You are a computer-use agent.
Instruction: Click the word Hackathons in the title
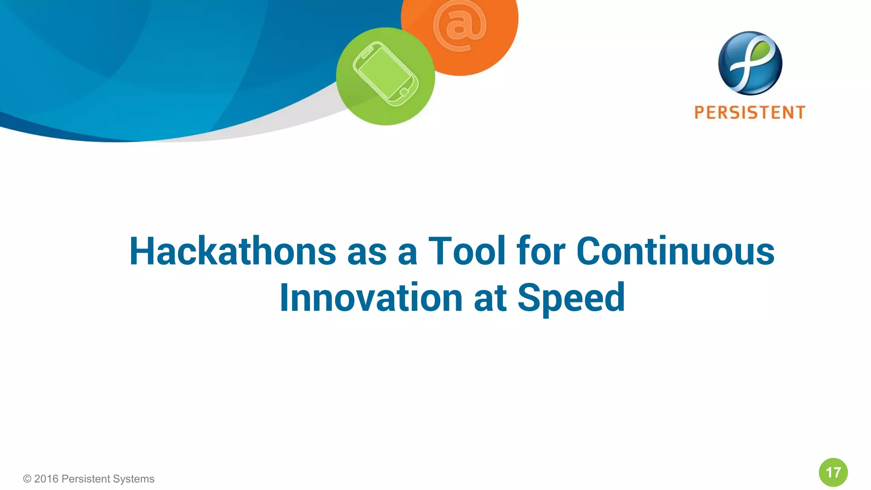coord(233,251)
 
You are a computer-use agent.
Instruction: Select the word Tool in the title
coord(467,251)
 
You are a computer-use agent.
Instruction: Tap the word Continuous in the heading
coord(675,251)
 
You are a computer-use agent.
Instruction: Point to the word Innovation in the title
coord(371,298)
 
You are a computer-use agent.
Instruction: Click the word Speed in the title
coord(571,298)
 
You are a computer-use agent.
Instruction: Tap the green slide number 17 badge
coord(833,472)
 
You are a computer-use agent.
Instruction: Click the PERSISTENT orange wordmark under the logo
coord(750,113)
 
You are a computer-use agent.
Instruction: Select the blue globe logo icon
coord(750,63)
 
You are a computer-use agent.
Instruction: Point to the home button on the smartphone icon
coord(404,92)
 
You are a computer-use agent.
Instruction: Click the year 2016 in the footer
coord(46,479)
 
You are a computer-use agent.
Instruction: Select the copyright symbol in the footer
coord(27,479)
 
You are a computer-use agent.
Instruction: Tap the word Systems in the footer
coord(134,479)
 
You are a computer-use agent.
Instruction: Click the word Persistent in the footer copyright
coord(86,479)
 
